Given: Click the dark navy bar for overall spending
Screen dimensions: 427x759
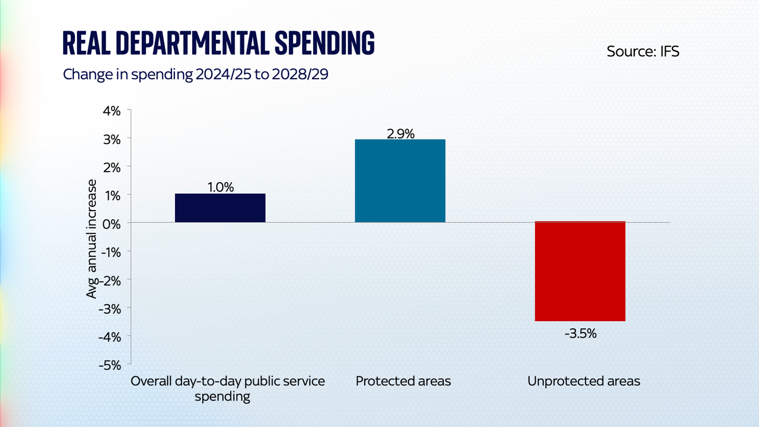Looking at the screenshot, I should coord(220,208).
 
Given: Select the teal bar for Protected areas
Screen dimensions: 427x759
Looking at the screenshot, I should coord(400,181).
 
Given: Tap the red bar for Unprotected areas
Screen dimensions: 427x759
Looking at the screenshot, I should coord(580,271).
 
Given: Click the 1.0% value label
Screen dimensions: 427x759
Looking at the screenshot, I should coord(221,187).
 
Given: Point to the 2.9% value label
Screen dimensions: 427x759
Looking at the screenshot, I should coord(400,134).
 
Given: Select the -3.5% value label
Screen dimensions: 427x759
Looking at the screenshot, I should coord(580,334).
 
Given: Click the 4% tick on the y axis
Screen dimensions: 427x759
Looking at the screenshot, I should coord(112,111).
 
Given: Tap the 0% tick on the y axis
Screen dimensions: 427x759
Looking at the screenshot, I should coord(112,224).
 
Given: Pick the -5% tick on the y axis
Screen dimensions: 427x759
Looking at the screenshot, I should coord(110,365).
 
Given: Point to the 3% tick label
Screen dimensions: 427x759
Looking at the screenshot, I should coord(112,139).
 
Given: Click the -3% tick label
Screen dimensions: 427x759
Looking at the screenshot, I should coord(110,309).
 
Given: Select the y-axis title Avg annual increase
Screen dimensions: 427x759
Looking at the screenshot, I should coord(91,239).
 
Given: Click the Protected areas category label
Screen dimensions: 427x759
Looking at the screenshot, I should coord(403,381).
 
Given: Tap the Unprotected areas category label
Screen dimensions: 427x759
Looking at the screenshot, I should coord(583,381).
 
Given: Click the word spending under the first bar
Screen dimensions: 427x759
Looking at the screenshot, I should coord(222,396).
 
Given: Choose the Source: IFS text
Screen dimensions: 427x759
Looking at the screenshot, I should coord(643,51).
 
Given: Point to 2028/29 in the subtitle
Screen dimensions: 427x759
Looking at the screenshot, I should coord(300,74).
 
